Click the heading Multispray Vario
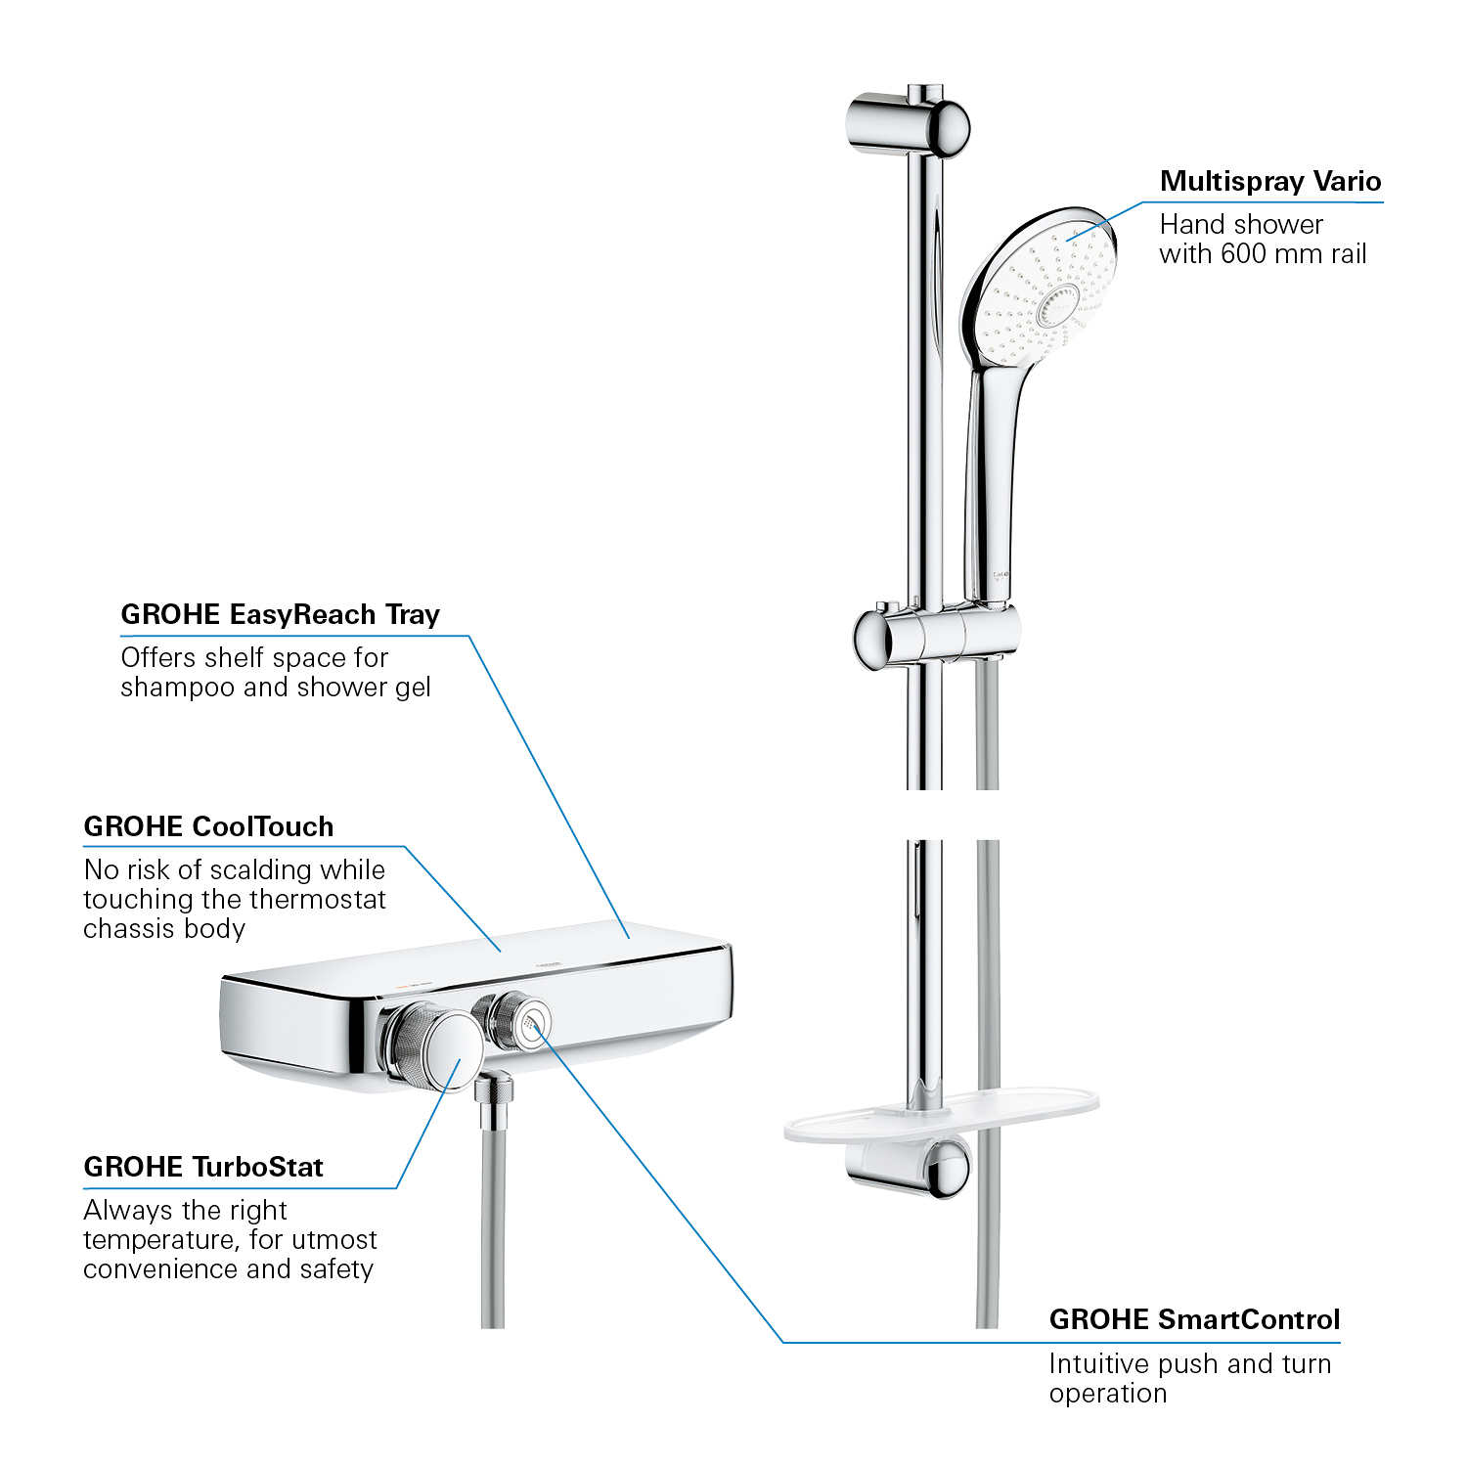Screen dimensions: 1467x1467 pyautogui.click(x=1270, y=181)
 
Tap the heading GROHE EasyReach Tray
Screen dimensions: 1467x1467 pyautogui.click(x=281, y=614)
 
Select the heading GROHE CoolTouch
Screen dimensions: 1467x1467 pyautogui.click(x=208, y=826)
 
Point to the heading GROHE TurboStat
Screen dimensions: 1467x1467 pyautogui.click(x=203, y=1167)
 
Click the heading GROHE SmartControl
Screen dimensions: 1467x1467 pyautogui.click(x=1194, y=1319)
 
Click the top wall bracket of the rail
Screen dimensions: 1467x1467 pyautogui.click(x=908, y=125)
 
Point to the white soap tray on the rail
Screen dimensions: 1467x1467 pyautogui.click(x=941, y=1116)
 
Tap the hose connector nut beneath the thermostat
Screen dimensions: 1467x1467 pyautogui.click(x=495, y=1090)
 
